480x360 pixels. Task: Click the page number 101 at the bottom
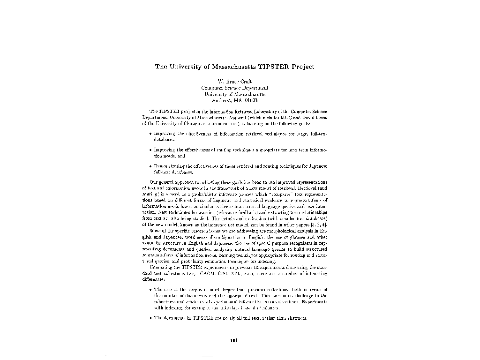[x=235, y=340]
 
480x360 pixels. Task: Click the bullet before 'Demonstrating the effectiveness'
[x=150, y=166]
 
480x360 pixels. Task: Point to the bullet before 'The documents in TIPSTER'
[x=150, y=318]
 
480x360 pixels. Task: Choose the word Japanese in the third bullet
[x=317, y=166]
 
